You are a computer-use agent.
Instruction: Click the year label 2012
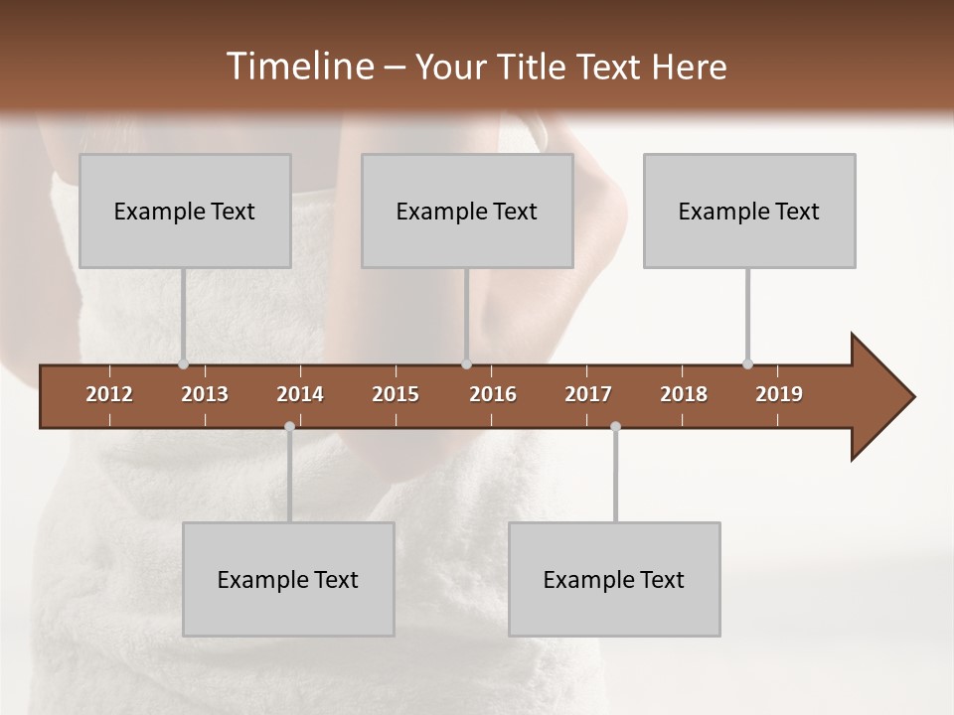[x=109, y=394]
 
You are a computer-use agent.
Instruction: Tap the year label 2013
[x=205, y=394]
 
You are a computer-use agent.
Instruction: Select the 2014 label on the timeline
[x=300, y=394]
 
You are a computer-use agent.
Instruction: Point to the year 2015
[x=396, y=394]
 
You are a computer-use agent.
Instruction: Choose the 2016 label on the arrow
[x=493, y=394]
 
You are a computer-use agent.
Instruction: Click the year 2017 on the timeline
[x=588, y=394]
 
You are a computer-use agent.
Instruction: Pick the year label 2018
[x=684, y=394]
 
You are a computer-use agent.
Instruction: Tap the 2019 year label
[x=779, y=394]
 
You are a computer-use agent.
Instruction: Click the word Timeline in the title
[x=298, y=67]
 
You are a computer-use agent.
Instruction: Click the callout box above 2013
[x=185, y=211]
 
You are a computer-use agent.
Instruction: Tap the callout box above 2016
[x=467, y=211]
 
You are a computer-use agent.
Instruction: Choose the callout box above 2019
[x=749, y=211]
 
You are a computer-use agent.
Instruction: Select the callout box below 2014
[x=288, y=579]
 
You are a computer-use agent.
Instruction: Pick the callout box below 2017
[x=614, y=579]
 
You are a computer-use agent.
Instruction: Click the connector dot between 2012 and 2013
[x=183, y=363]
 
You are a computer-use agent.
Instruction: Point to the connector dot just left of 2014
[x=289, y=427]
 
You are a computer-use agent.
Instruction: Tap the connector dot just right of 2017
[x=615, y=427]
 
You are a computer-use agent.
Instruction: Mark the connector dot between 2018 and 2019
[x=747, y=363]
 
